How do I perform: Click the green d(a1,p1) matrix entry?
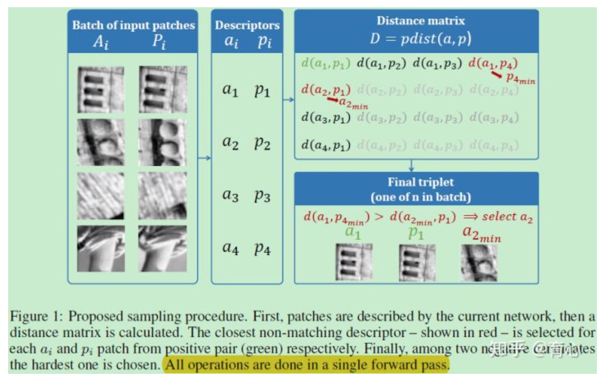coord(326,63)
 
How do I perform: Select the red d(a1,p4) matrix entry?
coord(494,64)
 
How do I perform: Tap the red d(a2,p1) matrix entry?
coord(326,90)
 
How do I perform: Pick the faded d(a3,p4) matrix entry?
coord(494,118)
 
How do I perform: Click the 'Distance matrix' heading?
coord(420,21)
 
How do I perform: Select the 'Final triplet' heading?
coord(420,182)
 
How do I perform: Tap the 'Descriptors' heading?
coord(247,25)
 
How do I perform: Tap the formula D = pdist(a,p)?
coord(420,39)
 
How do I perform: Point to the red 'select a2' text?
coord(507,217)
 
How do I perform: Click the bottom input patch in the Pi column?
coord(163,249)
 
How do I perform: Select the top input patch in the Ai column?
coord(100,90)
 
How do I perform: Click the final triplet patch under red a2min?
coord(479,263)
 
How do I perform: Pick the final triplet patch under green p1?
coord(417,263)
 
